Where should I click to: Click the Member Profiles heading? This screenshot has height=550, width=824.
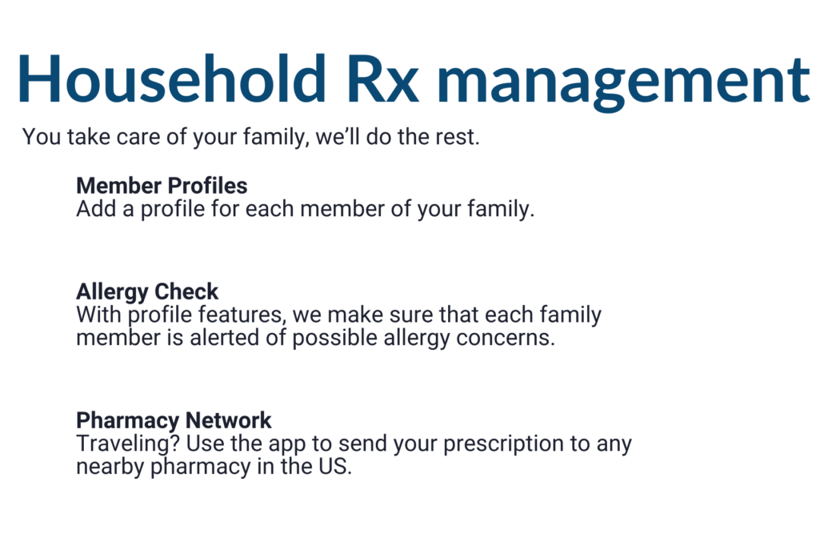(162, 186)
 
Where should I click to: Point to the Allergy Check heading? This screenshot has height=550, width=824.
(147, 292)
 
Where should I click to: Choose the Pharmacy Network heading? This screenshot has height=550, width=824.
(174, 420)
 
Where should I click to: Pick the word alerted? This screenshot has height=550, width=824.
(224, 338)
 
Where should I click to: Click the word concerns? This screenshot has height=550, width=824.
(506, 338)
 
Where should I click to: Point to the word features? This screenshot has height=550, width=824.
(242, 315)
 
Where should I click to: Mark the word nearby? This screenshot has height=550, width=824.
(110, 467)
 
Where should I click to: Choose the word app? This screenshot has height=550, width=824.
(287, 445)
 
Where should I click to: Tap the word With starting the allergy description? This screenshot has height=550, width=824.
(98, 315)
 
